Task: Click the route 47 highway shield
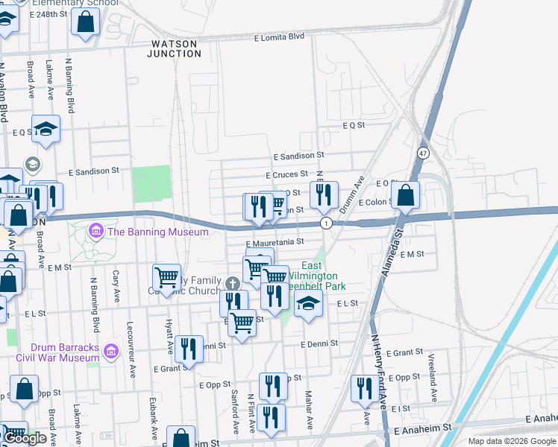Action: [x=423, y=153]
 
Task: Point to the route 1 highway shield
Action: [x=326, y=223]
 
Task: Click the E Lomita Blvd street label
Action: [x=279, y=37]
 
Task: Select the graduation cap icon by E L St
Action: [x=307, y=302]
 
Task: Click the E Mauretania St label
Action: [x=275, y=242]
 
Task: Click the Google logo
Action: [x=25, y=438]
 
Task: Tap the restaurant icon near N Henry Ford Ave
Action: [x=364, y=387]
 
